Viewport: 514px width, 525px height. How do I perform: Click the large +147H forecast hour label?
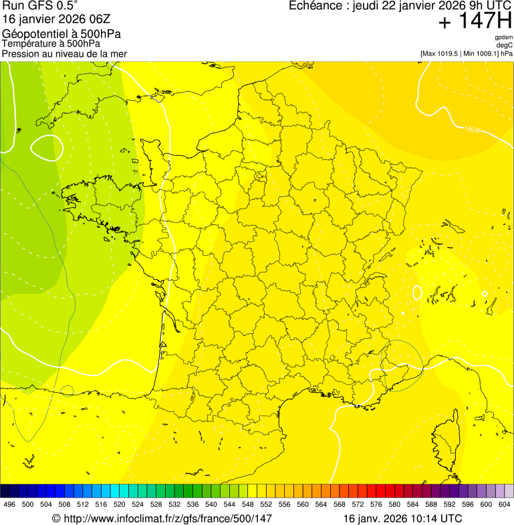pos(475,21)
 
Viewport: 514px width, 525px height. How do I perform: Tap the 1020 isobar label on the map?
pos(472,130)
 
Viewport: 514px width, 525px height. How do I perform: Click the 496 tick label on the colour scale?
pos(9,505)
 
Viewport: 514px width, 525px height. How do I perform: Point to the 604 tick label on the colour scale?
pos(505,505)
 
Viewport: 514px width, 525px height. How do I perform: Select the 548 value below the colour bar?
pos(248,505)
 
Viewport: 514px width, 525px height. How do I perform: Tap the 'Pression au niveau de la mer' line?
pos(64,53)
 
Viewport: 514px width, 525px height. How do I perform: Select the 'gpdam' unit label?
pos(503,37)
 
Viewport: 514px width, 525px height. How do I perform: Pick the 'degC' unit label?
pos(505,45)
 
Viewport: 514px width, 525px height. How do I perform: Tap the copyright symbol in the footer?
pos(56,518)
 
